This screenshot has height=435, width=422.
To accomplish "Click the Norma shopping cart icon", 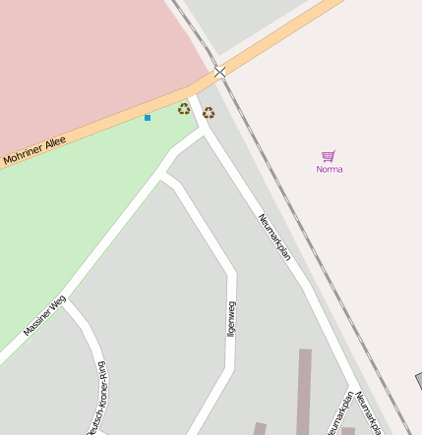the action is [x=329, y=156].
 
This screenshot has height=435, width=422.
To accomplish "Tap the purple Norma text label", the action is [x=330, y=169].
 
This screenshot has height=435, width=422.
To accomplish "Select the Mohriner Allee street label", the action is [x=34, y=150].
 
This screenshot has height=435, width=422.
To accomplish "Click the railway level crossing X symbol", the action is [x=219, y=72].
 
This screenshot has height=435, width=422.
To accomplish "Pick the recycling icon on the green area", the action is [x=184, y=109].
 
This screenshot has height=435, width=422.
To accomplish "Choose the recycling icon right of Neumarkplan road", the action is [x=209, y=113].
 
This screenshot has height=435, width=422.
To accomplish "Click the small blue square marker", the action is [x=148, y=118].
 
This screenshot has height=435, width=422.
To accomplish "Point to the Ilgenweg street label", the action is [x=231, y=319].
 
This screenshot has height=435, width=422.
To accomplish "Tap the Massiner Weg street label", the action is [x=44, y=315].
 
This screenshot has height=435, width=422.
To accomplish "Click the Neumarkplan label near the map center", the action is [x=274, y=237].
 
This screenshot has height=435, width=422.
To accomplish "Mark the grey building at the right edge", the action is [x=418, y=381].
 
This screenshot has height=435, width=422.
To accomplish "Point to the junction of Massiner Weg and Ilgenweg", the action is [x=164, y=177].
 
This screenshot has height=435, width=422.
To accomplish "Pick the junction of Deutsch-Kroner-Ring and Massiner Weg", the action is [x=66, y=302].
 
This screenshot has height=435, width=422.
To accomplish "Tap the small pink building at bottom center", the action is [x=260, y=428].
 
